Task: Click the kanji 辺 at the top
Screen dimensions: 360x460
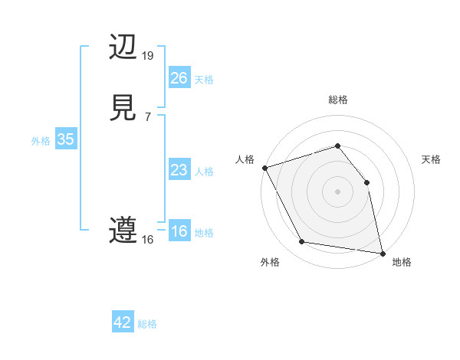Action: tap(123, 47)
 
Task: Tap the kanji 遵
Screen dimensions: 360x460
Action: tap(123, 231)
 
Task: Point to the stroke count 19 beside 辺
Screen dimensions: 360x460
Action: tap(148, 55)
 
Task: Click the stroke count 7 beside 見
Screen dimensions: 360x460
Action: tap(147, 116)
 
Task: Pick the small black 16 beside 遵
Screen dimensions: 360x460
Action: tap(148, 240)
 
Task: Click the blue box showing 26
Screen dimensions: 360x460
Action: tap(179, 78)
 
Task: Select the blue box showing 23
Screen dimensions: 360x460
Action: tap(179, 171)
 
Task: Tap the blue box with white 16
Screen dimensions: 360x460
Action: tap(179, 232)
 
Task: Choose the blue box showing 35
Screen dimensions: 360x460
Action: tap(65, 139)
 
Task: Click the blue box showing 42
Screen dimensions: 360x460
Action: tap(123, 322)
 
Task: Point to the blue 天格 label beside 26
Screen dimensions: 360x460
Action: tap(204, 80)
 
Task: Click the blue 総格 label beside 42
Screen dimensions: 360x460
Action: tap(147, 324)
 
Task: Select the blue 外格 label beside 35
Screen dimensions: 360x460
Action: tap(41, 141)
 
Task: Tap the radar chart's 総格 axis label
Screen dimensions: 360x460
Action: tap(338, 100)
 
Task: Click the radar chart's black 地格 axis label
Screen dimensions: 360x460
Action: tap(402, 262)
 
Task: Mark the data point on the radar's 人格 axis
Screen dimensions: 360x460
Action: tap(264, 168)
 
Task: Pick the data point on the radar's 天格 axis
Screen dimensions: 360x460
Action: tap(366, 182)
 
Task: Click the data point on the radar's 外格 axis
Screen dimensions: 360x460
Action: tap(302, 243)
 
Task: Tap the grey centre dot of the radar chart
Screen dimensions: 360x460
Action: tap(337, 191)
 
